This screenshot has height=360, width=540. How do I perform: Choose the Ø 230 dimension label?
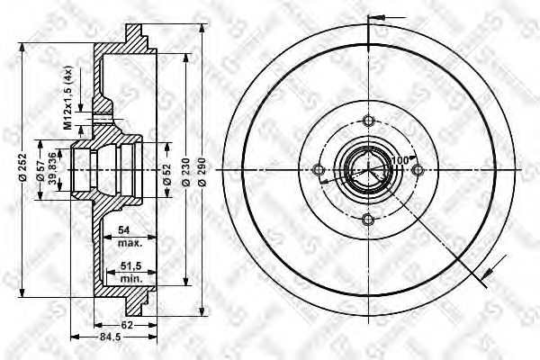(x=186, y=171)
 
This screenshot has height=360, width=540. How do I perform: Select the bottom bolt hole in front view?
(x=366, y=219)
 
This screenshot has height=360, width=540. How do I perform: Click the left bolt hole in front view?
(x=318, y=170)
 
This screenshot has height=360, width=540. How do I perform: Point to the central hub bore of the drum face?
(x=366, y=170)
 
